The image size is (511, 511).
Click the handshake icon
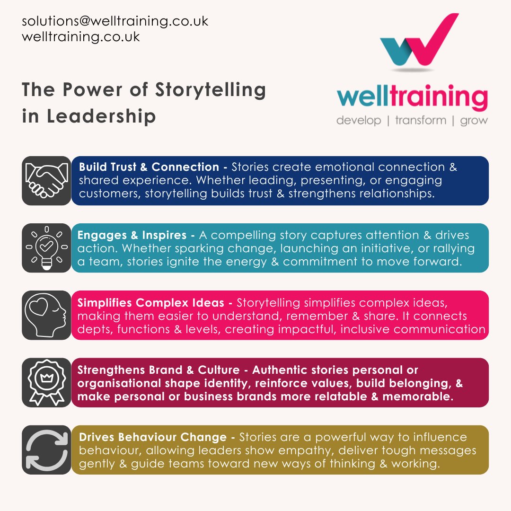pos(46,181)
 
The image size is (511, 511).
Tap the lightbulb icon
pos(46,248)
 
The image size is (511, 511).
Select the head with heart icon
pos(46,315)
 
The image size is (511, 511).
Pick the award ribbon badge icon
pos(46,382)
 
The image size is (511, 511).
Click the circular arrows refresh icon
pos(46,449)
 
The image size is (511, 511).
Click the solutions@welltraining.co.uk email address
pos(115,21)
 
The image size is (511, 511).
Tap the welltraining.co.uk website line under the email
pos(81,36)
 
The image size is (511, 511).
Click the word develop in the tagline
pos(358,120)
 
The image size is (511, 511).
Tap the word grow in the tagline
pos(473,120)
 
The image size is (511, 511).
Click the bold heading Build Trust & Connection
pos(149,167)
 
